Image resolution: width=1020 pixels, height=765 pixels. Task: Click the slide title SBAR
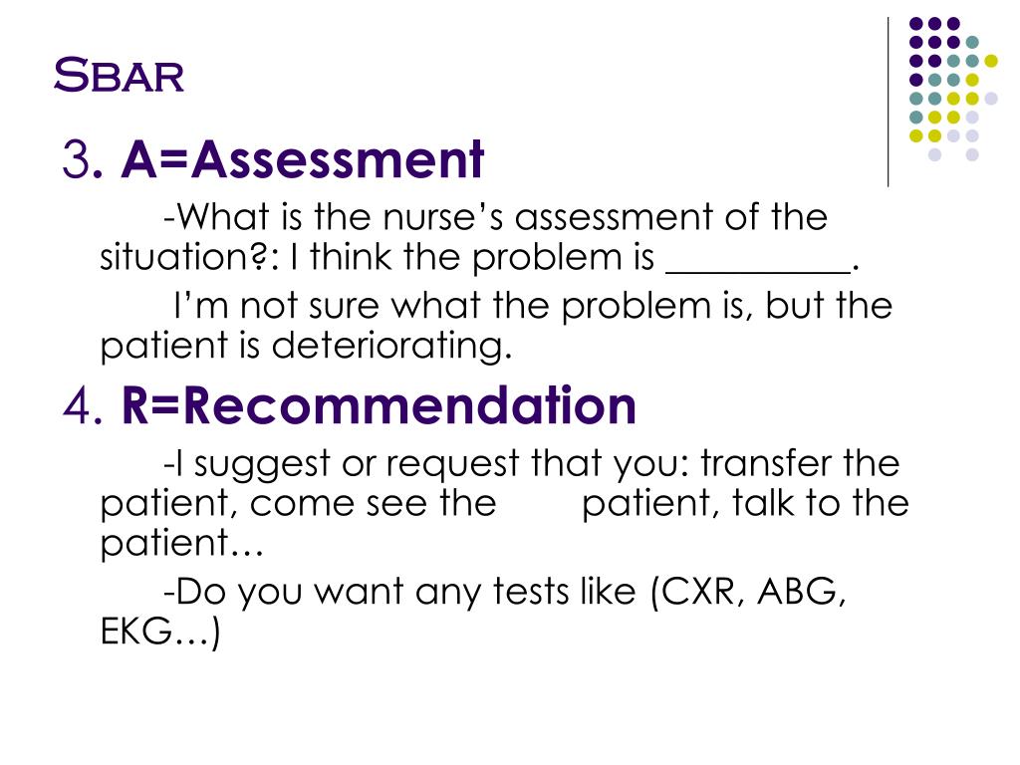coord(119,75)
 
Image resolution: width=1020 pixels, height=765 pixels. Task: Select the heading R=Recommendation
coord(379,406)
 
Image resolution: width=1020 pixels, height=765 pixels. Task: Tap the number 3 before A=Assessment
coord(75,160)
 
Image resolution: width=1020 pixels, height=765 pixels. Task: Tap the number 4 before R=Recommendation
coord(78,407)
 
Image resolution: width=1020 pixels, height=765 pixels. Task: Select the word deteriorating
coord(391,347)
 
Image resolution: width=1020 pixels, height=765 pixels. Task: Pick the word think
coord(357,259)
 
